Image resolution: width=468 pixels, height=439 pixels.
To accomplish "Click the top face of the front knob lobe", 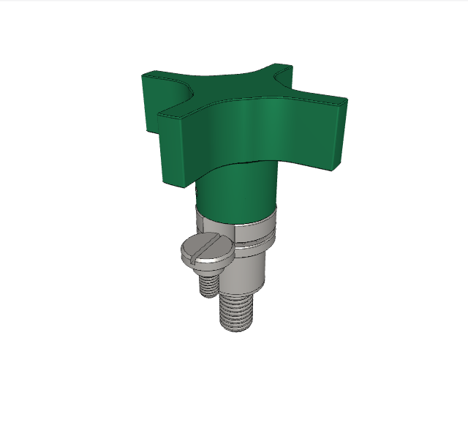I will click(183, 110).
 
